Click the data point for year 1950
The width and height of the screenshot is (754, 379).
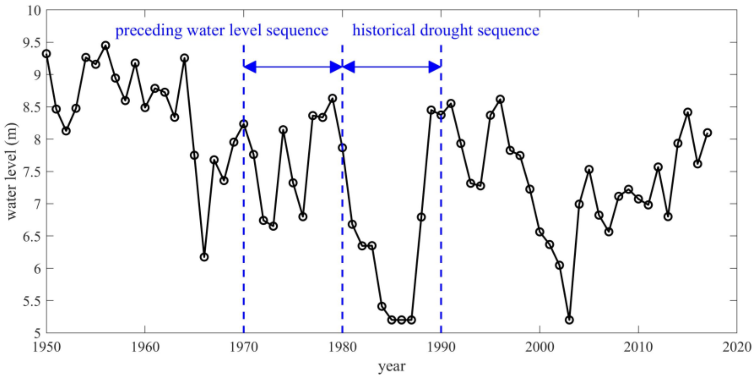pyautogui.click(x=46, y=54)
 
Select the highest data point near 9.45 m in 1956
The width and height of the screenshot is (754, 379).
pyautogui.click(x=106, y=45)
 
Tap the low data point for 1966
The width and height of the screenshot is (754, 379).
pyautogui.click(x=204, y=257)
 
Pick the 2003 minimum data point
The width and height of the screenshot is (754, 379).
pyautogui.click(x=569, y=320)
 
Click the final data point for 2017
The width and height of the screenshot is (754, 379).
pyautogui.click(x=708, y=133)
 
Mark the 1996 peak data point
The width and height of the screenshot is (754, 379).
pyautogui.click(x=500, y=99)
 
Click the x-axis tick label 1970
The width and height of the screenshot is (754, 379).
pyautogui.click(x=244, y=347)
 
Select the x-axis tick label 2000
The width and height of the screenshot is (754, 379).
pyautogui.click(x=539, y=347)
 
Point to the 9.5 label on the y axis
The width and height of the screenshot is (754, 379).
pyautogui.click(x=32, y=43)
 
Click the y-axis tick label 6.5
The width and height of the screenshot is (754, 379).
pyautogui.click(x=32, y=236)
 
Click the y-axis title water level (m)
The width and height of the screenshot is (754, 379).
pyautogui.click(x=12, y=171)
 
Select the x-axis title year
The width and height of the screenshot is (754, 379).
pyautogui.click(x=392, y=366)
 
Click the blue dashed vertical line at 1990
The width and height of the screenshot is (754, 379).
pyautogui.click(x=441, y=205)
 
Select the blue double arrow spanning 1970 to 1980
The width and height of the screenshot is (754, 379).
pyautogui.click(x=293, y=67)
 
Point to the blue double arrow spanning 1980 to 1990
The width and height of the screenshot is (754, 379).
pyautogui.click(x=392, y=67)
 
